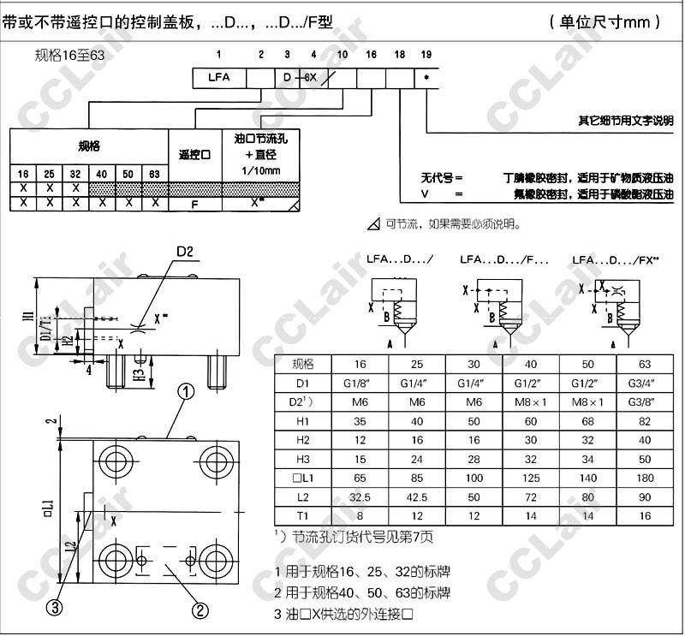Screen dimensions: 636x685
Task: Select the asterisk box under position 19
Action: (x=426, y=77)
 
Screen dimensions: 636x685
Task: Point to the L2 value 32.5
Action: (x=359, y=496)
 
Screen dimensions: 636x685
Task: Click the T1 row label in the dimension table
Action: (x=301, y=516)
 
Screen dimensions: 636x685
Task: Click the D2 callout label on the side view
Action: (x=186, y=251)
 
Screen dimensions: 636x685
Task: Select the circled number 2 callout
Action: (x=200, y=609)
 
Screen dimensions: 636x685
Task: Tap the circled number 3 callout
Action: (x=55, y=608)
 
